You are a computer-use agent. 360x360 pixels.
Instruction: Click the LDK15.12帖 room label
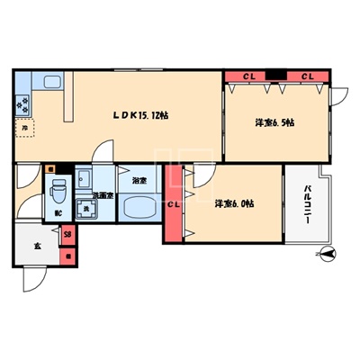[141, 114]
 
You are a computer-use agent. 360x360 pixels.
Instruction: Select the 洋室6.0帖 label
[234, 205]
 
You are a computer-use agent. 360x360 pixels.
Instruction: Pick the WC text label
[58, 213]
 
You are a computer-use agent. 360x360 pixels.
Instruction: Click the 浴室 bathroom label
[139, 181]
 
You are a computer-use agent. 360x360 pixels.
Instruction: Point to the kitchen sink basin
[46, 82]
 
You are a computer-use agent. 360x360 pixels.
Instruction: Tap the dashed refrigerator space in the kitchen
[22, 128]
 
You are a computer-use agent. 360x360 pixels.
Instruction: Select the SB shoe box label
[67, 235]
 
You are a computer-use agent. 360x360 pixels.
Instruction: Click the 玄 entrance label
[37, 245]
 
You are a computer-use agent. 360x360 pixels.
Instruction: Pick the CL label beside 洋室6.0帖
[175, 206]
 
